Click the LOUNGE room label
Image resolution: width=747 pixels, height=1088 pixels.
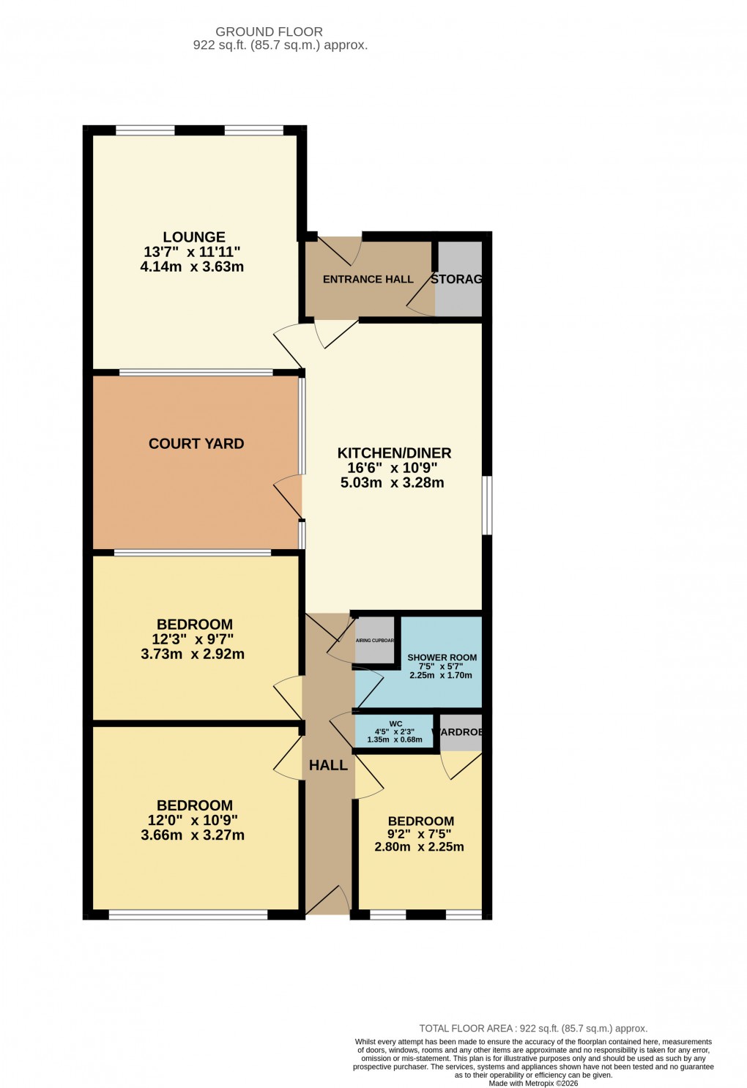[x=194, y=237]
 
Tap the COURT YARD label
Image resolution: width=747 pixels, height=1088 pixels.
[x=196, y=444]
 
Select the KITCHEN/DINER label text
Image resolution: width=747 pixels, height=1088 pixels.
[x=394, y=453]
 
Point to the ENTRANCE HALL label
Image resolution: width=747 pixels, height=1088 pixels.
[x=368, y=279]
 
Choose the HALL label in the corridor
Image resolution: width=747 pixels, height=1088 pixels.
[x=328, y=765]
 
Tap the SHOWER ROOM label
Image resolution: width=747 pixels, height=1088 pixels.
[x=442, y=657]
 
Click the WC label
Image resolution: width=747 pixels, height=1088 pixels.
[x=395, y=723]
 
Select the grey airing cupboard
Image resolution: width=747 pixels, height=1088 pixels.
[x=374, y=641]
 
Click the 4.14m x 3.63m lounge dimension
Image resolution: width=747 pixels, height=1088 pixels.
[x=192, y=267]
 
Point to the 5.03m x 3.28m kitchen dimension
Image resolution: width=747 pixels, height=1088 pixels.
[x=393, y=482]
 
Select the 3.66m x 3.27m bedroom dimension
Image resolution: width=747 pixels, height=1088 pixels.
[x=193, y=835]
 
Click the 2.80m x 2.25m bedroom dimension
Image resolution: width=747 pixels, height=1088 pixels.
[x=419, y=847]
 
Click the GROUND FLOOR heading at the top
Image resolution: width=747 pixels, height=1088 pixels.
[x=269, y=31]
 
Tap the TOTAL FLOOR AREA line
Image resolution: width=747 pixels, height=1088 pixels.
[x=532, y=1028]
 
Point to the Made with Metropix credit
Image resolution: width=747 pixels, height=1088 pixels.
[x=533, y=1084]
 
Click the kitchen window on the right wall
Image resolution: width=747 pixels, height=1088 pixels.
[x=486, y=505]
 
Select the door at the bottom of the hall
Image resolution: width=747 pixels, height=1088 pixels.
[x=327, y=901]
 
